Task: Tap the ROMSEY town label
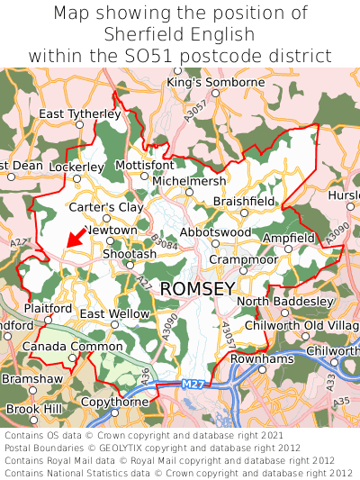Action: click(197, 288)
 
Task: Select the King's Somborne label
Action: click(216, 83)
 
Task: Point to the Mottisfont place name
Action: click(145, 166)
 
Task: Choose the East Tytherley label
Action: click(80, 114)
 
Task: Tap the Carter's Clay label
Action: click(106, 207)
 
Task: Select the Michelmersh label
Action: click(190, 181)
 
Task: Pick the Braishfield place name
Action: click(244, 202)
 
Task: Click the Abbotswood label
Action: click(215, 232)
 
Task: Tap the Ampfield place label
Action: click(289, 238)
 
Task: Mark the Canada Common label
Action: click(59, 347)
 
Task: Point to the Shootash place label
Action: click(129, 255)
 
